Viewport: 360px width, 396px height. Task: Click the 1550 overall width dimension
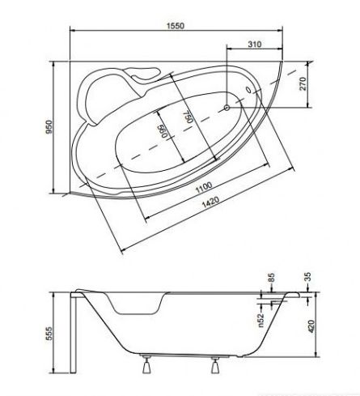coord(176,26)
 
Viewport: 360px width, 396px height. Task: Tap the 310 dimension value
coord(255,44)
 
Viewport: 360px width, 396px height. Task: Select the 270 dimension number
coord(303,83)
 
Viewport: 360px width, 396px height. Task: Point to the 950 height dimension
coord(49,127)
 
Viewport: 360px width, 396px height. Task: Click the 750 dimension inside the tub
coord(188,117)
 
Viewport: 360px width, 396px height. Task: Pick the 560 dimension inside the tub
coord(162,131)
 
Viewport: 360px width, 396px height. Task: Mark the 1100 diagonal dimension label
coord(204,187)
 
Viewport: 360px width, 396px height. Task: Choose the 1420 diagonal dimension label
coord(210,202)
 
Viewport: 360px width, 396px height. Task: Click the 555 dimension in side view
coord(49,334)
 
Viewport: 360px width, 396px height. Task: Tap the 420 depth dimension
coord(311,326)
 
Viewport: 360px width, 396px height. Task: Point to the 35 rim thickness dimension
coord(307,277)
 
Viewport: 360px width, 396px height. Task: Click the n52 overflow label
coord(261,321)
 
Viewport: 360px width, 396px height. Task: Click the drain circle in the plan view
coord(227,108)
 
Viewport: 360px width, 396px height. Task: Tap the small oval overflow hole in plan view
coord(248,90)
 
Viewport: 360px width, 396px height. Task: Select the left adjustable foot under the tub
coord(146,364)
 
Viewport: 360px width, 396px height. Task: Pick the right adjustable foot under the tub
coord(215,364)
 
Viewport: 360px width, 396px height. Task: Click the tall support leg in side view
coord(73,334)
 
